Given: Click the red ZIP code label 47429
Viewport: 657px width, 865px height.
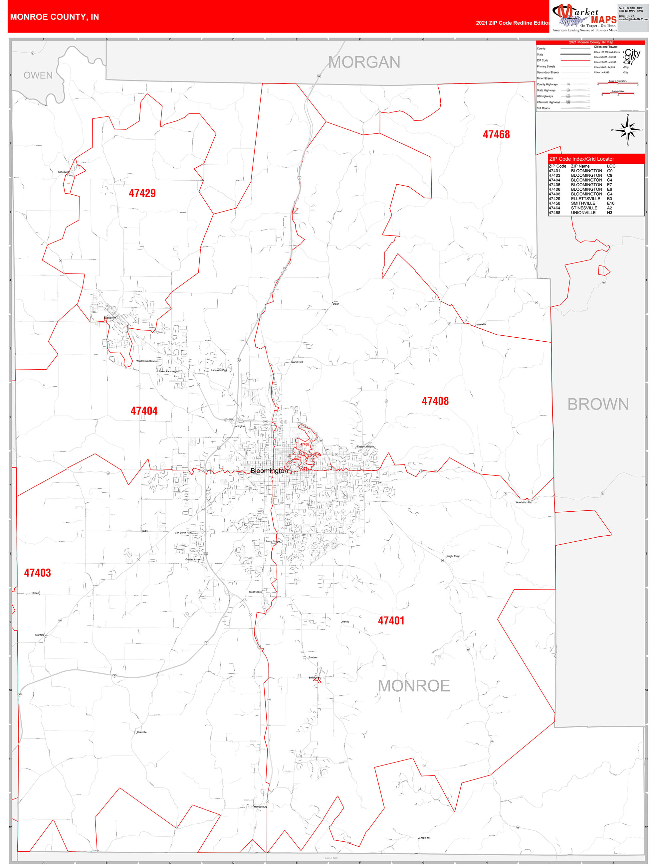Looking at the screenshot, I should [x=142, y=193].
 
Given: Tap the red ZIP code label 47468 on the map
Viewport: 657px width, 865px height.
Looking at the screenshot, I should [x=496, y=134].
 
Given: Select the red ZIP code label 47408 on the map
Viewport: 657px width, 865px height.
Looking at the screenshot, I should [x=435, y=401].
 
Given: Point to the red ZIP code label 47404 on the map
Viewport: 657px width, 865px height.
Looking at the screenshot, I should [x=144, y=411].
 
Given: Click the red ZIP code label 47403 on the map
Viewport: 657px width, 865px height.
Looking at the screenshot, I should [x=38, y=573].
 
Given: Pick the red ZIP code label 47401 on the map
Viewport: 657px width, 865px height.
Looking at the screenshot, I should [x=391, y=620].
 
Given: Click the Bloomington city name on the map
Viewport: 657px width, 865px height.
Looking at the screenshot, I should [x=269, y=471].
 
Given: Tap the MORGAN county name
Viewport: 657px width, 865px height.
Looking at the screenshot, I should [x=364, y=62].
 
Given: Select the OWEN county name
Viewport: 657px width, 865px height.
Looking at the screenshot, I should [x=38, y=75].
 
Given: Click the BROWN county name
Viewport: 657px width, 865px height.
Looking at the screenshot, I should [x=598, y=404].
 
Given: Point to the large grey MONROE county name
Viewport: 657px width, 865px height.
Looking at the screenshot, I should [x=414, y=686].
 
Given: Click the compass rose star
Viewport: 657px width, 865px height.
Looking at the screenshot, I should [x=628, y=130].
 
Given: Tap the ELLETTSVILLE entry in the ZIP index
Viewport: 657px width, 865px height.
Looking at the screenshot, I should [x=586, y=199].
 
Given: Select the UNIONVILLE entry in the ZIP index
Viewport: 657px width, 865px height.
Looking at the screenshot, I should [x=583, y=213].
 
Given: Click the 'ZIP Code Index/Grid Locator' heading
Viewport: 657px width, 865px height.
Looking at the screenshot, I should [x=581, y=159].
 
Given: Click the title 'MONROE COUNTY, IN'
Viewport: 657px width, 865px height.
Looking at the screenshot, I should [x=54, y=17].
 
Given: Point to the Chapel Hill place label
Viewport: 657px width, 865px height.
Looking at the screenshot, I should [x=425, y=838].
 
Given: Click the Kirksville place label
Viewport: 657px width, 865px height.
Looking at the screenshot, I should [x=142, y=732].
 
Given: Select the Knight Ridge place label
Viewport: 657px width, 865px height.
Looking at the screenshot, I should [x=453, y=556].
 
